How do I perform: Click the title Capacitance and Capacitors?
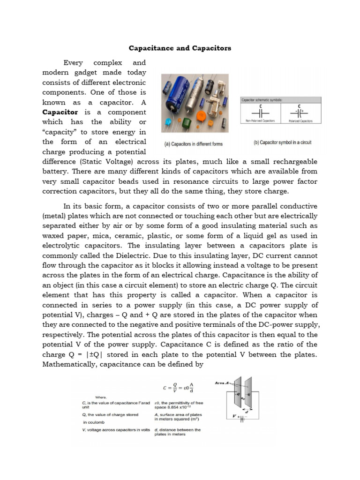coord(180,48)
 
